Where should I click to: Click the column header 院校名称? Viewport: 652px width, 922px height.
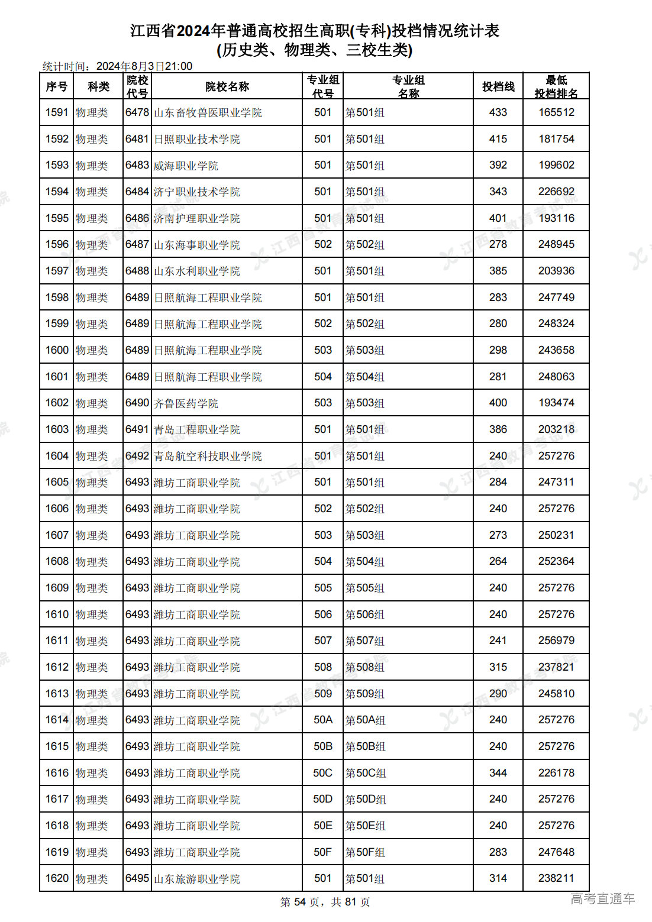227,86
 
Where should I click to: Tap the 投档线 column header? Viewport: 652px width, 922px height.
498,86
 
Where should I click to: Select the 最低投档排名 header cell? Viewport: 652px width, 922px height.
556,86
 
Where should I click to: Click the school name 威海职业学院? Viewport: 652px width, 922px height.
186,166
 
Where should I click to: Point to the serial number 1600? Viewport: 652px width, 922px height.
57,350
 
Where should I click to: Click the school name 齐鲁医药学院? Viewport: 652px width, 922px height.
186,403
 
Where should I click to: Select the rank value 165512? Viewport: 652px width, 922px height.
556,112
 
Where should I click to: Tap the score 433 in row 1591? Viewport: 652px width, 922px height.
498,112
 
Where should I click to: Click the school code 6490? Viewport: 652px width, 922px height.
137,403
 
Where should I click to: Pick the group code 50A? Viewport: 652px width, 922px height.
322,720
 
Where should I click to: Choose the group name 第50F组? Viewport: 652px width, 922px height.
365,852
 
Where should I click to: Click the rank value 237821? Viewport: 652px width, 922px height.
556,667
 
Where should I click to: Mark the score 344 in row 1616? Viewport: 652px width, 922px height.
498,773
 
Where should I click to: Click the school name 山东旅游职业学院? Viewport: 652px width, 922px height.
197,879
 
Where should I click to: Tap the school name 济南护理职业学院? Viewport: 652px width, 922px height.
197,218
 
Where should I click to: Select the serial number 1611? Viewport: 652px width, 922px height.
57,640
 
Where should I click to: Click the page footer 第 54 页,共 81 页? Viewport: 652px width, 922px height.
325,902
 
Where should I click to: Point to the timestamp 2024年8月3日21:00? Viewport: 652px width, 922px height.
144,66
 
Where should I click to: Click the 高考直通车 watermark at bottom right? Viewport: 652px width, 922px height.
602,899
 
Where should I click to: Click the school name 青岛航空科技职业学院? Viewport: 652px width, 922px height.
208,456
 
